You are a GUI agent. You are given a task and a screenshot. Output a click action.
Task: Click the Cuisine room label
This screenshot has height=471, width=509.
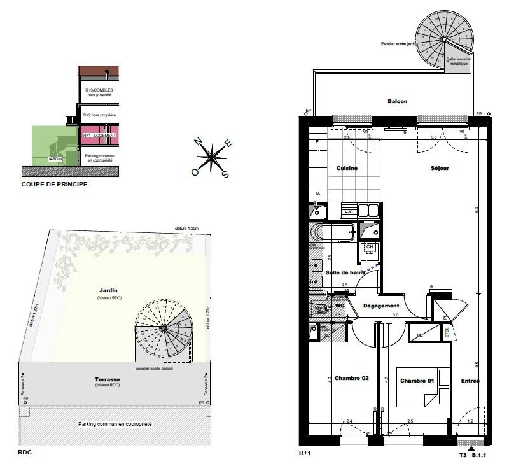pyautogui.click(x=347, y=168)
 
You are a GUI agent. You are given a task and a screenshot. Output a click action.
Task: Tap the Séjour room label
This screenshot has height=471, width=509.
pyautogui.click(x=439, y=168)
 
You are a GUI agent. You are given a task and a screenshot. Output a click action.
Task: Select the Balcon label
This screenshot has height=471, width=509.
pyautogui.click(x=397, y=101)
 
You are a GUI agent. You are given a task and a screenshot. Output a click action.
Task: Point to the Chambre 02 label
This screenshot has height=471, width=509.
pyautogui.click(x=351, y=378)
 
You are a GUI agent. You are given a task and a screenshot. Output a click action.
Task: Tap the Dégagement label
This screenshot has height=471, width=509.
pyautogui.click(x=381, y=306)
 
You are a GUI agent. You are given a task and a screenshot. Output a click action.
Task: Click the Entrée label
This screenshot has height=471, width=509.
pyautogui.click(x=471, y=381)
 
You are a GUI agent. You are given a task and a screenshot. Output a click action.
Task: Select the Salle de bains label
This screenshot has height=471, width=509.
pyautogui.click(x=346, y=272)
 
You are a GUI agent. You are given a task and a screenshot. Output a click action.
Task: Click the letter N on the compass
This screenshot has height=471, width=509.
pyautogui.click(x=198, y=141)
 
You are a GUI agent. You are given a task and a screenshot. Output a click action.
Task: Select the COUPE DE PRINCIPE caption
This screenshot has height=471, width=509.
pyautogui.click(x=54, y=185)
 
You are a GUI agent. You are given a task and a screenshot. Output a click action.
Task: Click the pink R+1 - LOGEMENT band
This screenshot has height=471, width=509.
pyautogui.click(x=99, y=136)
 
